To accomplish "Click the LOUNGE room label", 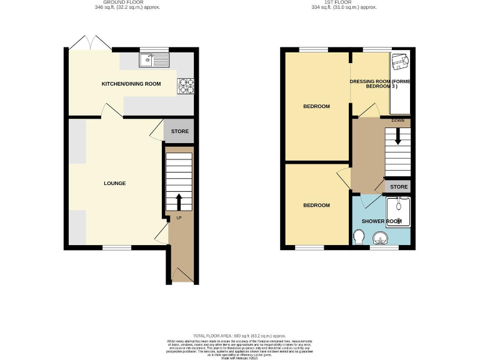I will coord(115,183).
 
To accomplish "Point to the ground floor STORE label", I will coord(180,132).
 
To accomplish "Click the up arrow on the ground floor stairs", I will coord(179,201).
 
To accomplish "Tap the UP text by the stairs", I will coord(179,218).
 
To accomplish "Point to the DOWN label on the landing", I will coord(397,120).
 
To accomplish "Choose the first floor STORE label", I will coord(399,187).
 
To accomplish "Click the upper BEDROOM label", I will coord(316,106).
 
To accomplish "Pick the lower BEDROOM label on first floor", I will coord(316,205).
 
